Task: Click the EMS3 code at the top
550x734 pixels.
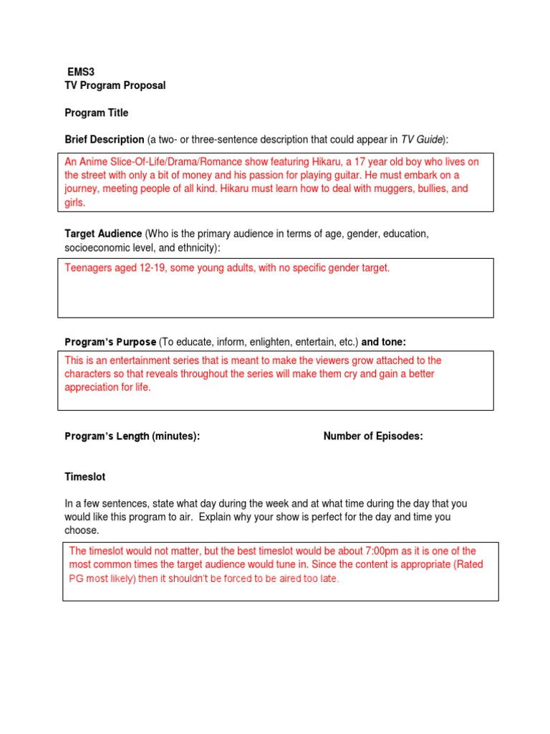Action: [82, 72]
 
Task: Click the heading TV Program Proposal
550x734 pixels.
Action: [115, 85]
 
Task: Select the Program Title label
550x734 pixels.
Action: [97, 113]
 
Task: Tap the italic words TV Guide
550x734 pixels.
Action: [423, 139]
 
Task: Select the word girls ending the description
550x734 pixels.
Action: [74, 202]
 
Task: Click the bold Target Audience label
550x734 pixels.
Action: [103, 234]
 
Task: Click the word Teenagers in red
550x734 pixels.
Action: [89, 268]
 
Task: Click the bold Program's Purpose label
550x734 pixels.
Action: [110, 342]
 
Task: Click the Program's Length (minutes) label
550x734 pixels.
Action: [132, 437]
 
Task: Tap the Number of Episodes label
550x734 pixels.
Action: [373, 437]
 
